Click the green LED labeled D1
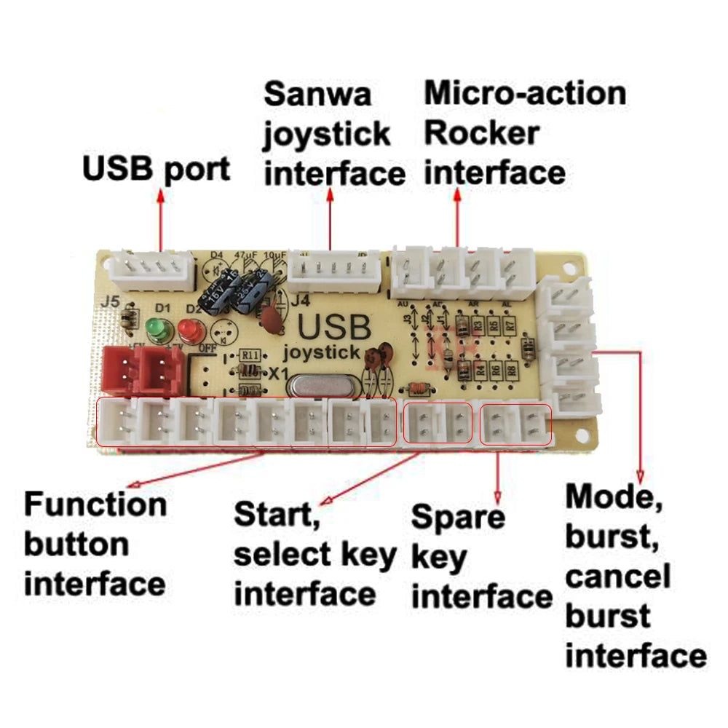(154, 328)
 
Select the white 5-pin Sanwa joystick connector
(334, 269)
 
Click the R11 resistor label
(251, 355)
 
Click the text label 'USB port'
(156, 168)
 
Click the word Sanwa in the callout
(317, 94)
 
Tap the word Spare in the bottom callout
(458, 516)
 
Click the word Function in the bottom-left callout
(95, 504)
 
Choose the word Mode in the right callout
(609, 496)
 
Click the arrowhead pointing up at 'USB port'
(160, 196)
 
